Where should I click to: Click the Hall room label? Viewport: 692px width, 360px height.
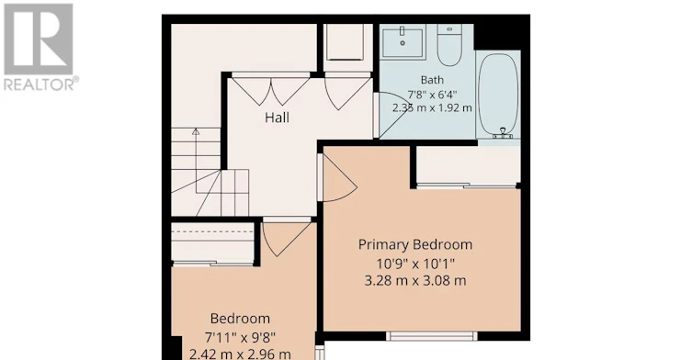pyautogui.click(x=278, y=118)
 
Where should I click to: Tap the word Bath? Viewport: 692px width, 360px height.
pyautogui.click(x=432, y=80)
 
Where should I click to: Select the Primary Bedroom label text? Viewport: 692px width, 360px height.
pyautogui.click(x=415, y=244)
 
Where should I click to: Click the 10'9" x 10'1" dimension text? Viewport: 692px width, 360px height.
pyautogui.click(x=415, y=264)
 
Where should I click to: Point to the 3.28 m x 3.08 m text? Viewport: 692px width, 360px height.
pyautogui.click(x=415, y=281)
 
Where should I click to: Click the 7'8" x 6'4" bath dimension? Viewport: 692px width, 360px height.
pyautogui.click(x=432, y=95)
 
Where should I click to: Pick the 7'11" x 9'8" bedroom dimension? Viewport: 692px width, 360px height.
pyautogui.click(x=240, y=338)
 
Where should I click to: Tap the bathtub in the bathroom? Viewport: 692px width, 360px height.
pyautogui.click(x=498, y=96)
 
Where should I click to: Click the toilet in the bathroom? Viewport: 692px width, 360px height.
pyautogui.click(x=449, y=45)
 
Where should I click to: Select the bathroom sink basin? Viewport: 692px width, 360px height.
pyautogui.click(x=403, y=42)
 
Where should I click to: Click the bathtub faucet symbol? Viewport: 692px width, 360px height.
pyautogui.click(x=503, y=133)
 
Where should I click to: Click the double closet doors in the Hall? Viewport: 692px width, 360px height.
pyautogui.click(x=271, y=90)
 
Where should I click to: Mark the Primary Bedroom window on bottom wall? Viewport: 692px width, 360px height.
pyautogui.click(x=432, y=336)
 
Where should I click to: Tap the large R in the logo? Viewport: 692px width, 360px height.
pyautogui.click(x=39, y=39)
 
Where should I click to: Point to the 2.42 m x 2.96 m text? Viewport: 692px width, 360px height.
pyautogui.click(x=240, y=354)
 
